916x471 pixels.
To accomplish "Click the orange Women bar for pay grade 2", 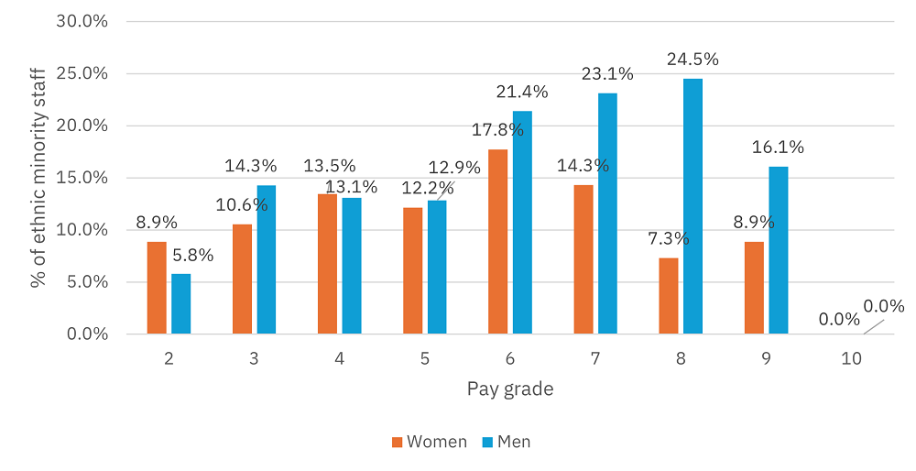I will pyautogui.click(x=156, y=288).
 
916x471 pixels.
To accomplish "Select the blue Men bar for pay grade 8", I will pyautogui.click(x=692, y=206).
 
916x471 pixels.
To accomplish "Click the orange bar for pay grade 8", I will pyautogui.click(x=669, y=296).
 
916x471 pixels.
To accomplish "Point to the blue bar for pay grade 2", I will pyautogui.click(x=180, y=303).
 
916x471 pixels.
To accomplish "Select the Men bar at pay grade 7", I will pyautogui.click(x=606, y=214).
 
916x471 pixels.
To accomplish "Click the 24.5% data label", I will pyautogui.click(x=692, y=60).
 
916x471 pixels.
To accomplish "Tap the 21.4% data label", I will pyautogui.click(x=522, y=92).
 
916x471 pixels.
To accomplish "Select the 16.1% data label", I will pyautogui.click(x=779, y=148).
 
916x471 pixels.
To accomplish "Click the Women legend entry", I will pyautogui.click(x=429, y=442).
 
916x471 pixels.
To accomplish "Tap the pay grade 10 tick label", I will pyautogui.click(x=851, y=359).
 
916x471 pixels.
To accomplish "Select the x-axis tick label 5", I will pyautogui.click(x=425, y=359).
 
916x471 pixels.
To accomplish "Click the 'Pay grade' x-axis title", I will pyautogui.click(x=510, y=389).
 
